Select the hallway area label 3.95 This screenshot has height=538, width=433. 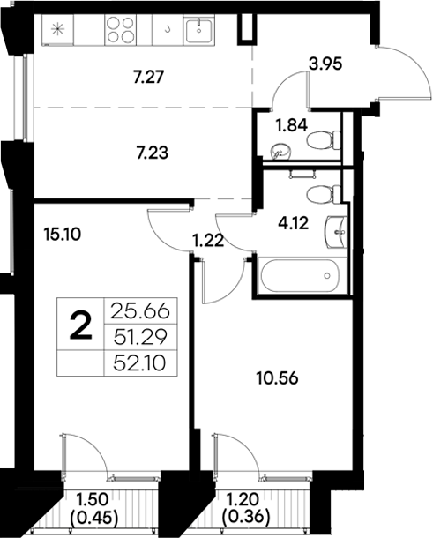tap(325, 64)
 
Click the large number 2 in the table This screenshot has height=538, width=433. tap(80, 327)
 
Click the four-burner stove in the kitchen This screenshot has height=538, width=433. tap(119, 28)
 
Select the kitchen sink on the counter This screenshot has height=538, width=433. tap(201, 28)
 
